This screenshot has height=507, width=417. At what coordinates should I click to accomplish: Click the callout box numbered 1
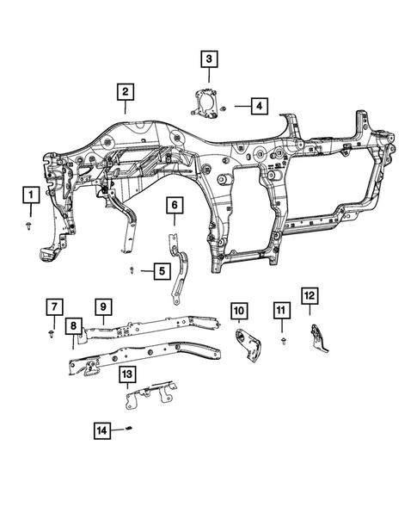30,195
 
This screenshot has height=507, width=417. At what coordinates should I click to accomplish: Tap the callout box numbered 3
209,59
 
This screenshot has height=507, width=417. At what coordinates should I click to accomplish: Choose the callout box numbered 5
161,272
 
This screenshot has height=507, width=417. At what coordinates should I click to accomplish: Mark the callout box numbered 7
53,306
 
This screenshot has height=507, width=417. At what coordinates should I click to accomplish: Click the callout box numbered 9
101,306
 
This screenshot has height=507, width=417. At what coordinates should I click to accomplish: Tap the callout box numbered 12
309,296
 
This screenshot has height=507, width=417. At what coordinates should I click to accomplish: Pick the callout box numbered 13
127,374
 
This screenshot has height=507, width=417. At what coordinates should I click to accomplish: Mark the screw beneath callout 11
283,342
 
